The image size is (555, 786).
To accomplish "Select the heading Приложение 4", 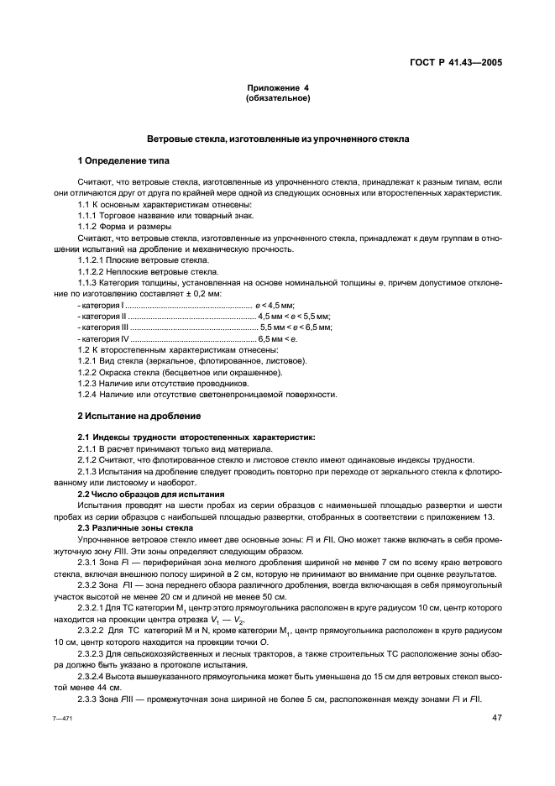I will coord(277,89).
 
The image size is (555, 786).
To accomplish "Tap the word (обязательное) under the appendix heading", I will coord(277,98).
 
